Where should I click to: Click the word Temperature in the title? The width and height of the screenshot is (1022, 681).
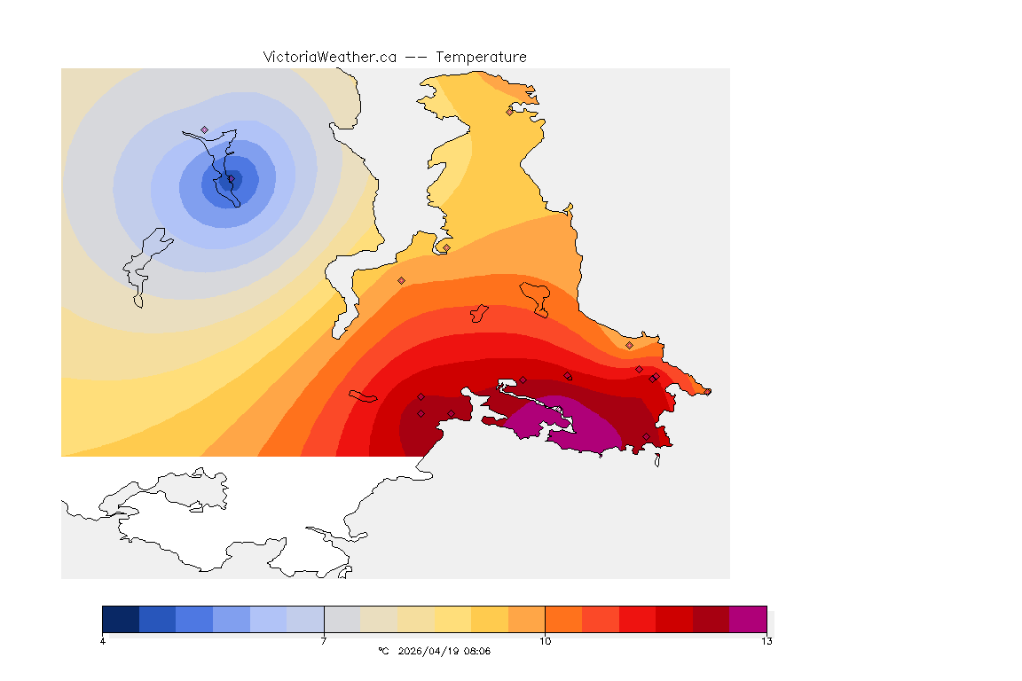482,57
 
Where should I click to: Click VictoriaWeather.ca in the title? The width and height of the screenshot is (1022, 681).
329,57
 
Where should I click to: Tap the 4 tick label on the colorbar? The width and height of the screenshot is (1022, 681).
103,641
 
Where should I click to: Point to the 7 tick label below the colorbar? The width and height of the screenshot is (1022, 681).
324,641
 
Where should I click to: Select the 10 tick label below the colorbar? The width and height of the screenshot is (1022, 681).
545,641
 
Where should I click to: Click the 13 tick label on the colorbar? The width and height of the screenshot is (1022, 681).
766,641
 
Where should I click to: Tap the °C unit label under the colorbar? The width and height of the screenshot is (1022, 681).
383,651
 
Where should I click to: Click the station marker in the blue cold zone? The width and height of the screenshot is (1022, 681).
204,129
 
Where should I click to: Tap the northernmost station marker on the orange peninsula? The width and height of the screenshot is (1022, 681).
509,112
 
